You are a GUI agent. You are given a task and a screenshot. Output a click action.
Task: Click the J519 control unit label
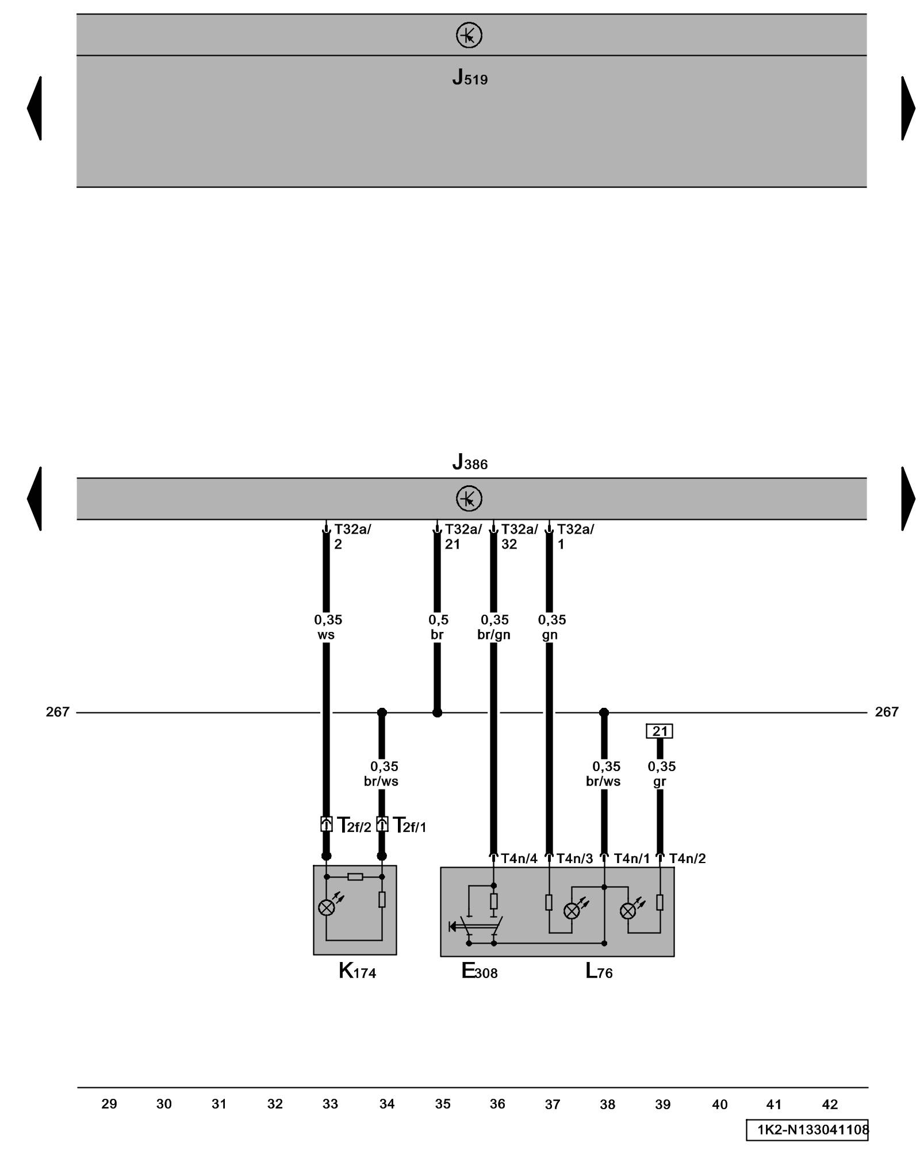click(x=469, y=77)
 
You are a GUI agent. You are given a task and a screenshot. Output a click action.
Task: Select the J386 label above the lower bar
click(x=469, y=462)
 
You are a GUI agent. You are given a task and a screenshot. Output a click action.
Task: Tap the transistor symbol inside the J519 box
click(x=469, y=36)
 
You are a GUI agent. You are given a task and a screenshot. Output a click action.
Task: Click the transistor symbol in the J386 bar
click(x=469, y=499)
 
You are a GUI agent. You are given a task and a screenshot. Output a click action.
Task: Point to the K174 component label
click(x=356, y=971)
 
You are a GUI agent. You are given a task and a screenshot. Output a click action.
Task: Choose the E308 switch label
click(x=479, y=971)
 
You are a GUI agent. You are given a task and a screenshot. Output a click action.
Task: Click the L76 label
click(x=599, y=971)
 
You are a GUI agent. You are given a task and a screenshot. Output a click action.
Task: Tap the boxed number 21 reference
click(x=659, y=731)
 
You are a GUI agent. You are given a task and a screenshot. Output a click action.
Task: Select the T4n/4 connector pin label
click(x=519, y=858)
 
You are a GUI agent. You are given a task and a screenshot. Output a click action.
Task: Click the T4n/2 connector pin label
click(x=687, y=858)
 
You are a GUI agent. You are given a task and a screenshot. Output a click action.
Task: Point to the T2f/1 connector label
click(x=409, y=826)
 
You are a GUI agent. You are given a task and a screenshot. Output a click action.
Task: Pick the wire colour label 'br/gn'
click(x=494, y=635)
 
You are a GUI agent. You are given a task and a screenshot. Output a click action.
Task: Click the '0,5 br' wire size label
click(x=438, y=627)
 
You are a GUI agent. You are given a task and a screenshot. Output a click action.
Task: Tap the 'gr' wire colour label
click(x=660, y=781)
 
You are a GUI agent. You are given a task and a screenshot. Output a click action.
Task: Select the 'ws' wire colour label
click(x=326, y=635)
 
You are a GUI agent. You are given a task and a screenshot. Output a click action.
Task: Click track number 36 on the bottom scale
click(x=497, y=1104)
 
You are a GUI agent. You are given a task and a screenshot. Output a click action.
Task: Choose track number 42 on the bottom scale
click(x=830, y=1104)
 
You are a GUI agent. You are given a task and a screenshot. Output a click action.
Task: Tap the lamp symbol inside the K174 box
click(x=326, y=908)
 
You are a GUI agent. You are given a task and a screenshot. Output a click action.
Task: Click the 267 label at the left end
click(x=57, y=712)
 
